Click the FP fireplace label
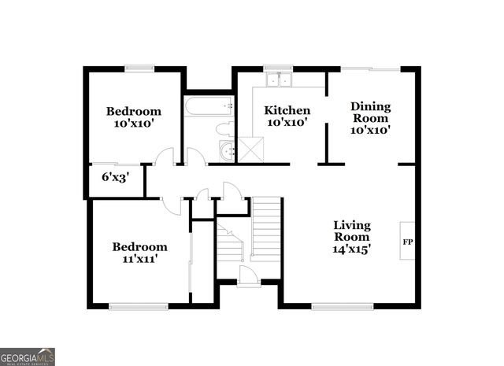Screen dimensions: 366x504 pyautogui.click(x=407, y=242)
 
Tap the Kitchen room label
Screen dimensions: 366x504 pyautogui.click(x=287, y=116)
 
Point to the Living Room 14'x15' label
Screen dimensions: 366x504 pyautogui.click(x=351, y=236)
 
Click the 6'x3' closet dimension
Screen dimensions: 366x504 pyautogui.click(x=115, y=178)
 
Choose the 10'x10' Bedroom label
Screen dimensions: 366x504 pyautogui.click(x=134, y=118)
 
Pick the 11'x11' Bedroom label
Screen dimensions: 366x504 pyautogui.click(x=139, y=253)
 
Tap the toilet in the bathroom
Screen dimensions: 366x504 pyautogui.click(x=223, y=129)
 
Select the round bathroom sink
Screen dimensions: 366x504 pyautogui.click(x=228, y=152)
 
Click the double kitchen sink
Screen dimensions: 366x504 pyautogui.click(x=278, y=79)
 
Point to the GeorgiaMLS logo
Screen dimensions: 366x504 pyautogui.click(x=28, y=357)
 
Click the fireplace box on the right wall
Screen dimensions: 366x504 pyautogui.click(x=408, y=241)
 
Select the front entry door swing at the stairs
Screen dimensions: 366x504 pyautogui.click(x=248, y=275)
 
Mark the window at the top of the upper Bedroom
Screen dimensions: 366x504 pyautogui.click(x=139, y=68)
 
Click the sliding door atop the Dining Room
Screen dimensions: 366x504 pyautogui.click(x=371, y=69)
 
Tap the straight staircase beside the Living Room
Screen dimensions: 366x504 pyautogui.click(x=266, y=228)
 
